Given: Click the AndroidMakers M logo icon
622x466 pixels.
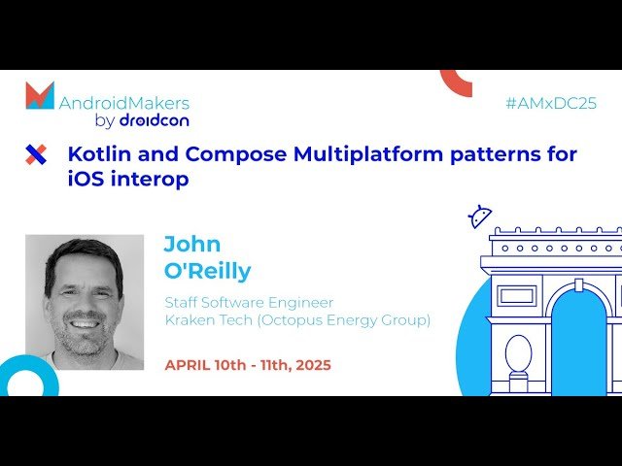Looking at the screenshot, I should point(40,96).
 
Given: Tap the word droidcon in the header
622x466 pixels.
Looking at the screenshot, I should point(154,120).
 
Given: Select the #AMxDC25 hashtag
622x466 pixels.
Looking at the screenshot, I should point(552,103).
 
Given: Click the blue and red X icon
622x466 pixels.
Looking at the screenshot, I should point(36,153).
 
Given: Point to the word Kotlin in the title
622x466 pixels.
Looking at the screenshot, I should point(96,153).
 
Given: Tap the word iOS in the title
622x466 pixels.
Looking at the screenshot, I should point(86,180).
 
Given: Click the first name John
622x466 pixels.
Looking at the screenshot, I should point(191,243).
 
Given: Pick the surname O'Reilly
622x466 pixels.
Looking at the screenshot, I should point(207,270).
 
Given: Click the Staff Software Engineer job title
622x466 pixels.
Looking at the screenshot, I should point(249,302).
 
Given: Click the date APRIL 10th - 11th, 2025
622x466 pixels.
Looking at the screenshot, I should point(248,365).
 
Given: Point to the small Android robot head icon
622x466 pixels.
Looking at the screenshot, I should point(480,216).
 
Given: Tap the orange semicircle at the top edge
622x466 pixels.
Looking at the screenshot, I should point(456,82).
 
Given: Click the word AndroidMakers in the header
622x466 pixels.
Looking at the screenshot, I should point(124,102).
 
